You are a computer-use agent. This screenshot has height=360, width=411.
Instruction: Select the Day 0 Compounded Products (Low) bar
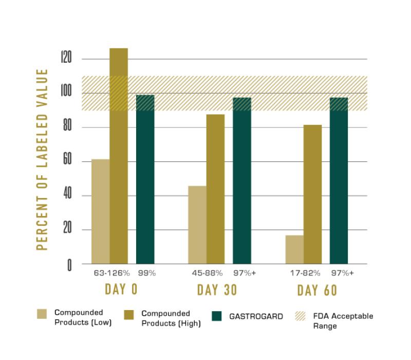click(x=100, y=211)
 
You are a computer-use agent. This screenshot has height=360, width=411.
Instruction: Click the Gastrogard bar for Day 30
click(x=242, y=181)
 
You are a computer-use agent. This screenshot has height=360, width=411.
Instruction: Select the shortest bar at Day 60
click(x=294, y=249)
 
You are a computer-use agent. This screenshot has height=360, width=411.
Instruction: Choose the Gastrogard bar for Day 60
click(x=339, y=181)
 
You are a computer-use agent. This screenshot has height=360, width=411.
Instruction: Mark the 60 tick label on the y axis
click(x=66, y=161)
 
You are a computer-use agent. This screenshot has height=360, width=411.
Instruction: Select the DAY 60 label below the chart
click(x=317, y=290)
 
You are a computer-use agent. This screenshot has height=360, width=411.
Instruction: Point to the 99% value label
click(x=146, y=273)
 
